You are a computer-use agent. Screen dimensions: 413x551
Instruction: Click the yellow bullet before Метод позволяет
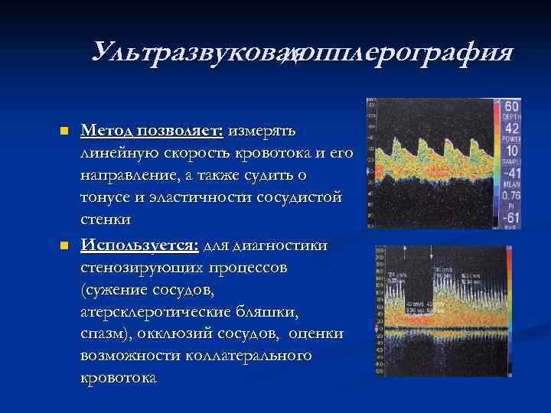(64, 131)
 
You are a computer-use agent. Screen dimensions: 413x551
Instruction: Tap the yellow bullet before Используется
(64, 246)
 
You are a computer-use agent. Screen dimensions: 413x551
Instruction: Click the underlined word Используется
(139, 246)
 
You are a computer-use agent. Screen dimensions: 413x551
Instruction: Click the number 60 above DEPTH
(511, 106)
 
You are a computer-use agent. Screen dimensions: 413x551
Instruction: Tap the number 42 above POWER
(511, 129)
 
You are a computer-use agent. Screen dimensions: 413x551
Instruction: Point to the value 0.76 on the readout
(510, 195)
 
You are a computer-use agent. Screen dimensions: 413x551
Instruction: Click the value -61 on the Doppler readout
(510, 220)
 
